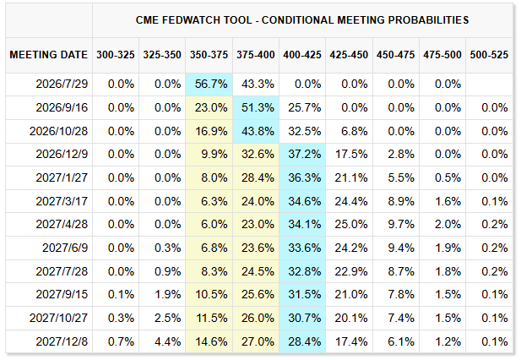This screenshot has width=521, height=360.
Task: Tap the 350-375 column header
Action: [x=209, y=55]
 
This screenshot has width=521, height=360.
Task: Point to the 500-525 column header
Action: [x=489, y=55]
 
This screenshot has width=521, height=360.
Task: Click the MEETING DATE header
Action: [x=48, y=55]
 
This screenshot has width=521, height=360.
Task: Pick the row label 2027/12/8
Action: [x=62, y=341]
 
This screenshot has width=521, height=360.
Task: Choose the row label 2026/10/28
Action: [x=58, y=131]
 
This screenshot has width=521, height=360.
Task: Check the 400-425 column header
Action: [x=302, y=55]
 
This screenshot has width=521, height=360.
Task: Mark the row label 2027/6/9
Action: [x=65, y=248]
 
